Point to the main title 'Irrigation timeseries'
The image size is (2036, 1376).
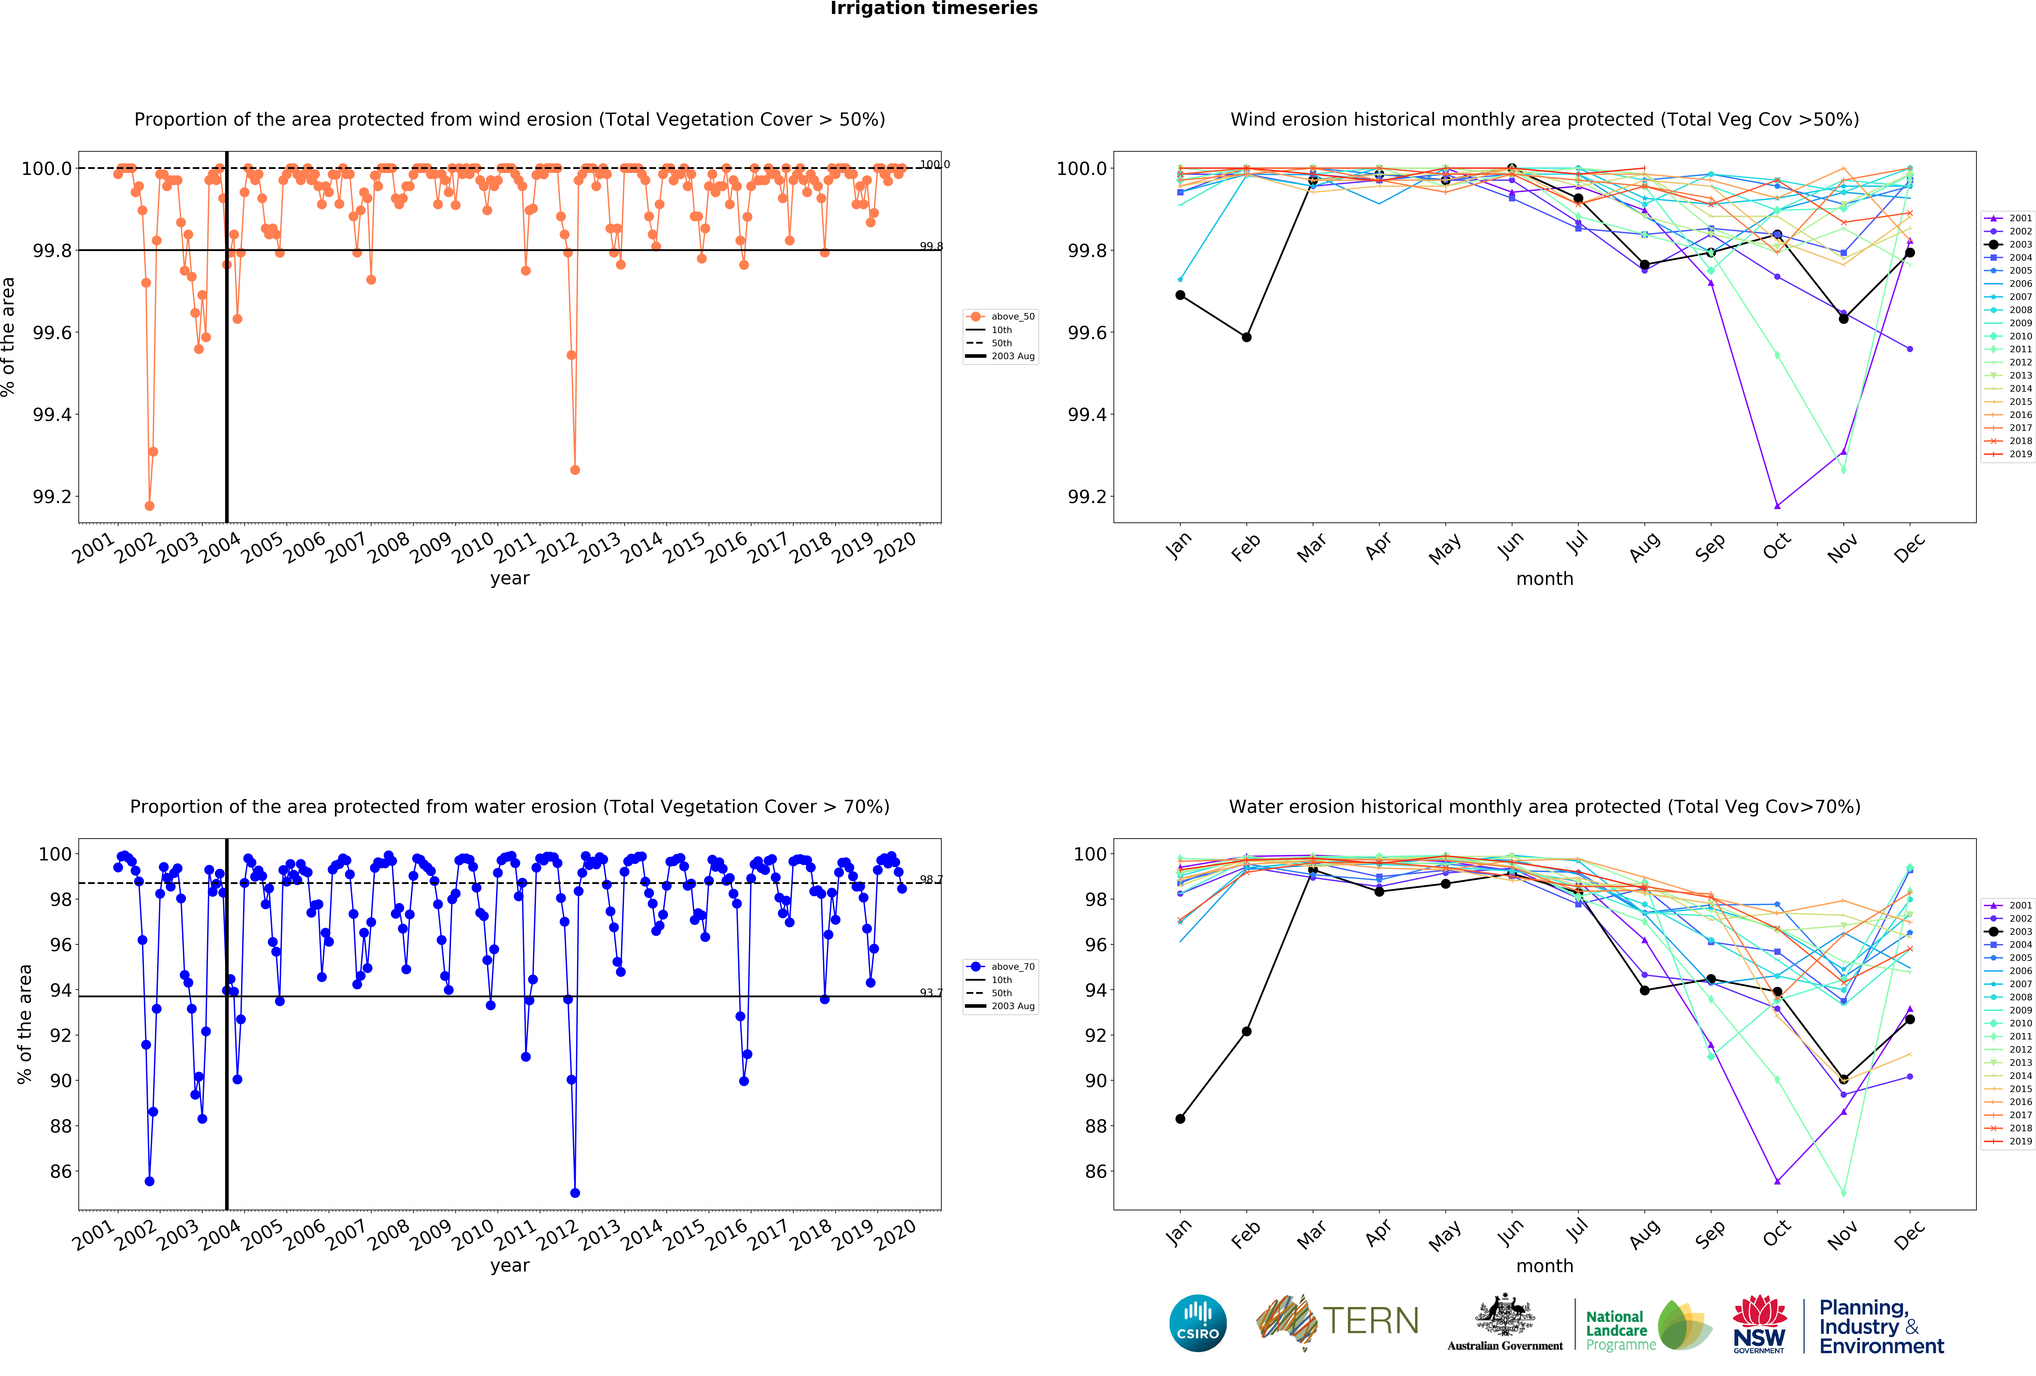point(934,9)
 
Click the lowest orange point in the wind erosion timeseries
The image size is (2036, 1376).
point(150,506)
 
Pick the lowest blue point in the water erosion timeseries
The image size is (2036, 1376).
point(575,1193)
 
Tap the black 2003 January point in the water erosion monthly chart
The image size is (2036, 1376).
point(1180,1118)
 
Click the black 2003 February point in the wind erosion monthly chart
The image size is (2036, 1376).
point(1247,337)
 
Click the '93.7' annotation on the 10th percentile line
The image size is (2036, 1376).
point(930,992)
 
